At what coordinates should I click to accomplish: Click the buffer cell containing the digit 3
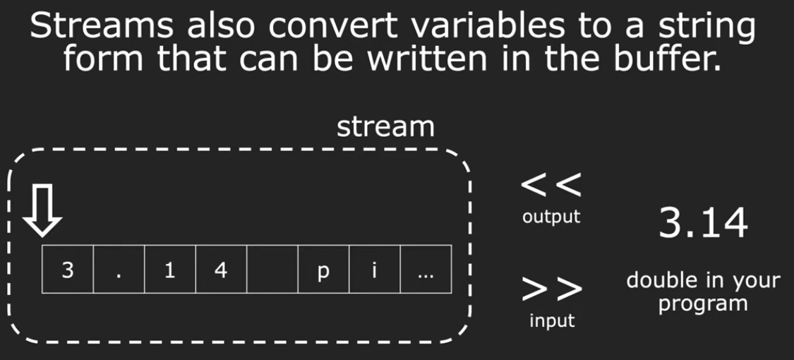(68, 269)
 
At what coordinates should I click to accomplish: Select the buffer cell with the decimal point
(119, 269)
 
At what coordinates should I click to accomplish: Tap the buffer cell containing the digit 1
(170, 269)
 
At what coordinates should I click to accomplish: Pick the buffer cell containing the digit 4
(222, 269)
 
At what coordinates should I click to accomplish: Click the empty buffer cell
(272, 269)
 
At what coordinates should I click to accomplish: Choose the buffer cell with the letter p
(323, 269)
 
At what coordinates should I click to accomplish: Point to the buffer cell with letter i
(375, 269)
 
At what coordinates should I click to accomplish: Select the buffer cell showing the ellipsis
(426, 269)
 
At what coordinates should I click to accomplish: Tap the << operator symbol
(551, 186)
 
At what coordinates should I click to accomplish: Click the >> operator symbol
(552, 289)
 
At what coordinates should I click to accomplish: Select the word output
(551, 217)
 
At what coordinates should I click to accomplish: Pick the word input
(552, 320)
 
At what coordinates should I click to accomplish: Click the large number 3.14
(704, 223)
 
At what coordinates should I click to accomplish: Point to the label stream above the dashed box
(386, 128)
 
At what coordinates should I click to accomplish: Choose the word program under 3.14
(704, 304)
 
